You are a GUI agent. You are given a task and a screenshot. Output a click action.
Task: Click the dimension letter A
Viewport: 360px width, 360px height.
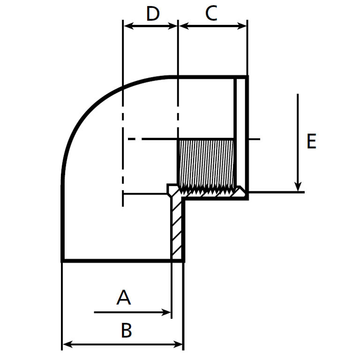click(x=123, y=297)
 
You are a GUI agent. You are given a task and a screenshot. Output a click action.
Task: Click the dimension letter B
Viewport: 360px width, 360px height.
click(x=126, y=330)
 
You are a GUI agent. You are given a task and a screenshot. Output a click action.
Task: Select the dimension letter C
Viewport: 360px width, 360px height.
click(x=211, y=14)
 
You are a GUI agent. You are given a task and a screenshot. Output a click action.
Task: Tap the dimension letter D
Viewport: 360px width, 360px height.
click(x=153, y=14)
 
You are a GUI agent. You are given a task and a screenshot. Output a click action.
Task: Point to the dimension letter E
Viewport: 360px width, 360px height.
click(x=311, y=141)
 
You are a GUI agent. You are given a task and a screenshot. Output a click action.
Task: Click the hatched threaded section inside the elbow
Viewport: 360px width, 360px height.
click(x=206, y=164)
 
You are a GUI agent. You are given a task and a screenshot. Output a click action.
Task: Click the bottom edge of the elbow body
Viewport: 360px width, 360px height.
click(x=117, y=260)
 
